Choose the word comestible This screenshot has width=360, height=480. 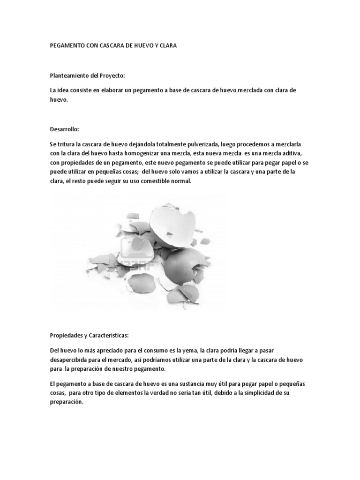pos(150,182)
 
